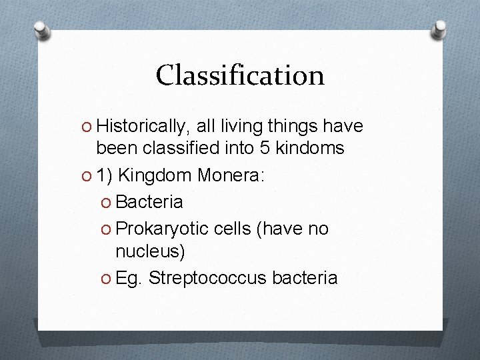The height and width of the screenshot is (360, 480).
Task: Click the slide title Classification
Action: coord(240,75)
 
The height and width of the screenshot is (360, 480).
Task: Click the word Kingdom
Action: coord(156,175)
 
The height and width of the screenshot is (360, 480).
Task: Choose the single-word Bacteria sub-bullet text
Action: coord(149,201)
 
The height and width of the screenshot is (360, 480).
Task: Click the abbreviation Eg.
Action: coord(129,277)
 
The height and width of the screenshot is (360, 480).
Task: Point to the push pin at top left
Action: coord(41,30)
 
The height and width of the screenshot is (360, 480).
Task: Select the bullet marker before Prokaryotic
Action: coord(107,229)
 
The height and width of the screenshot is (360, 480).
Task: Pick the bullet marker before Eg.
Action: coord(107,278)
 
